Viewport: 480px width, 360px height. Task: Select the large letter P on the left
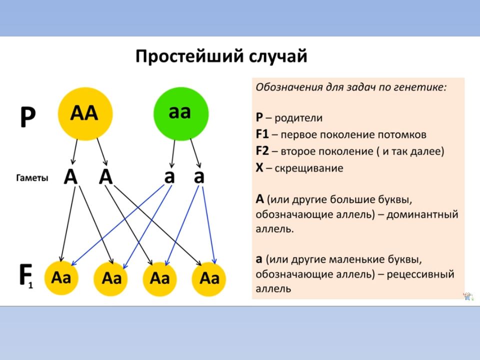click(28, 118)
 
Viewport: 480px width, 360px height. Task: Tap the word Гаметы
click(32, 177)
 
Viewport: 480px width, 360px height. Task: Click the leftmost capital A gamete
click(71, 176)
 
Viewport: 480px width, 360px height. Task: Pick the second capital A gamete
click(106, 176)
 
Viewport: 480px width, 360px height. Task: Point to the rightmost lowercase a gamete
click(199, 176)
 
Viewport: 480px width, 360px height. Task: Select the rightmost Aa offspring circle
click(209, 277)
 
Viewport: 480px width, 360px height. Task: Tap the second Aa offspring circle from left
click(111, 277)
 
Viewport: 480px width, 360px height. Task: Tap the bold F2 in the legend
click(263, 151)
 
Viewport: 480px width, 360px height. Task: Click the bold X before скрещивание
click(259, 168)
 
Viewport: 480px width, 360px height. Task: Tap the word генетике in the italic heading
click(421, 86)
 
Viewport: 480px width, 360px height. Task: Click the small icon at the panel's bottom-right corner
click(468, 296)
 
